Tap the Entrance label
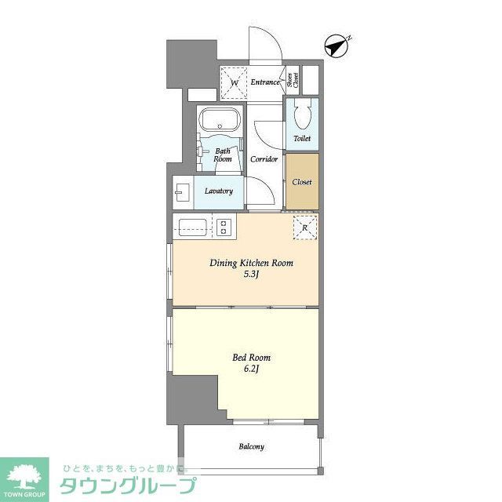265,82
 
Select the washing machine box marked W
234,82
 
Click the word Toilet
302,139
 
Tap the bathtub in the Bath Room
220,122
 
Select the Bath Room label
223,155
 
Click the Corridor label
264,159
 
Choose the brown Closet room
302,182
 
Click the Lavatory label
218,191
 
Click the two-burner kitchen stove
224,227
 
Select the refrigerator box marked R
304,227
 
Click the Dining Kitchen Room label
251,264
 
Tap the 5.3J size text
251,275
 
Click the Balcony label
251,447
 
